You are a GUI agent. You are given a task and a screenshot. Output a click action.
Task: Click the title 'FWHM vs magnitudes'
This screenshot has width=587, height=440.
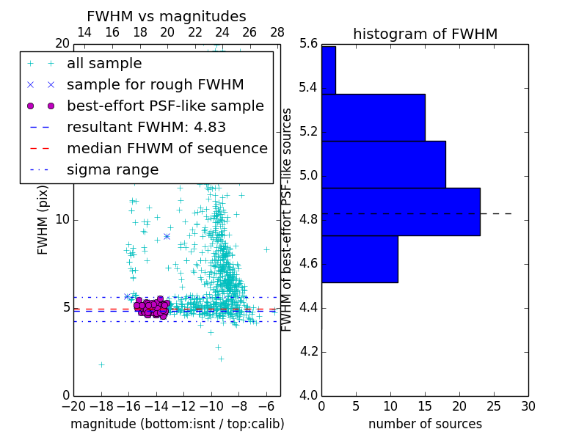pyautogui.click(x=167, y=17)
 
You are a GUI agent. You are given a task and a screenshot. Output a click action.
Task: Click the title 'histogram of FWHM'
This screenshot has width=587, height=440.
pyautogui.click(x=425, y=34)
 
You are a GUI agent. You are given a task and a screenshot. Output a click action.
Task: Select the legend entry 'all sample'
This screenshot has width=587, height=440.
pyautogui.click(x=104, y=64)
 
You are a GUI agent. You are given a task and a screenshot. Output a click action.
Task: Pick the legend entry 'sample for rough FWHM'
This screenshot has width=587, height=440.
pyautogui.click(x=156, y=84)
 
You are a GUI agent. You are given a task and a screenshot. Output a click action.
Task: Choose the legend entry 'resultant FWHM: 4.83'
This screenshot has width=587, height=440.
pyautogui.click(x=146, y=127)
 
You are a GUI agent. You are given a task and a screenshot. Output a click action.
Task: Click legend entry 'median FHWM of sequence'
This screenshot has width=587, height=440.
pyautogui.click(x=167, y=148)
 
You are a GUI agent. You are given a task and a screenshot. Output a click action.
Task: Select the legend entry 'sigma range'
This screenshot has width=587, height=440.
pyautogui.click(x=112, y=169)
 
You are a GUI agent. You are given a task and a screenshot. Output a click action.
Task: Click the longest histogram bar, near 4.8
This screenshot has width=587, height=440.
pyautogui.click(x=401, y=211)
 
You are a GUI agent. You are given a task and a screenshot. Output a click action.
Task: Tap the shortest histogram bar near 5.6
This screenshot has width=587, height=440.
pyautogui.click(x=329, y=70)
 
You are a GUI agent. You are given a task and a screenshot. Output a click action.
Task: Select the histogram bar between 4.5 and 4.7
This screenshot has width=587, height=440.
pyautogui.click(x=360, y=259)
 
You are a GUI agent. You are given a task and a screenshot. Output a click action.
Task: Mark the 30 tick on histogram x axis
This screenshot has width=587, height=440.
pyautogui.click(x=528, y=406)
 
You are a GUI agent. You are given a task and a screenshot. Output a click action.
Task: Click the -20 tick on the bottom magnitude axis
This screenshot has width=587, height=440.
pyautogui.click(x=73, y=406)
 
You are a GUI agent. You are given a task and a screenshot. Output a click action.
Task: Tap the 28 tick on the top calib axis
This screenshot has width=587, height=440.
pyautogui.click(x=277, y=32)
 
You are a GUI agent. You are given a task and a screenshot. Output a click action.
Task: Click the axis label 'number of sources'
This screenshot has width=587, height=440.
pyautogui.click(x=425, y=424)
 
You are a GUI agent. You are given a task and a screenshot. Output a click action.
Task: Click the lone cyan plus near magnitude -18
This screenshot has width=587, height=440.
pyautogui.click(x=101, y=364)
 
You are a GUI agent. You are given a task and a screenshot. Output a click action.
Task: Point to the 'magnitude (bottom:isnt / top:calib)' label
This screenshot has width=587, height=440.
pyautogui.click(x=177, y=424)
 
